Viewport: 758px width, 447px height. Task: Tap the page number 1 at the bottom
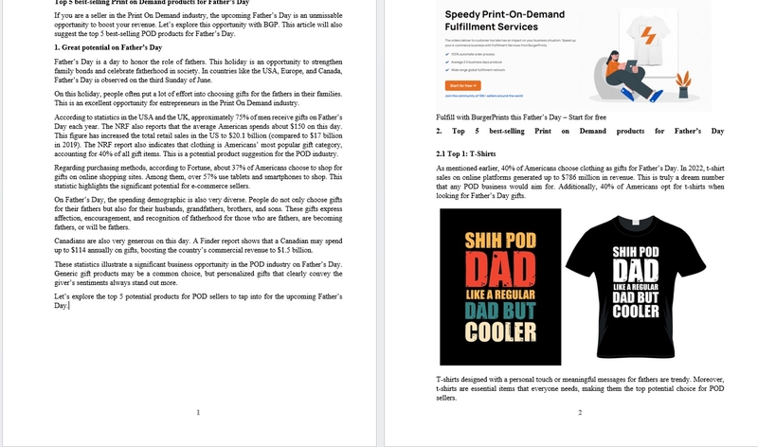click(x=197, y=412)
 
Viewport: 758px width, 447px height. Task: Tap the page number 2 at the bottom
click(x=580, y=412)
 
